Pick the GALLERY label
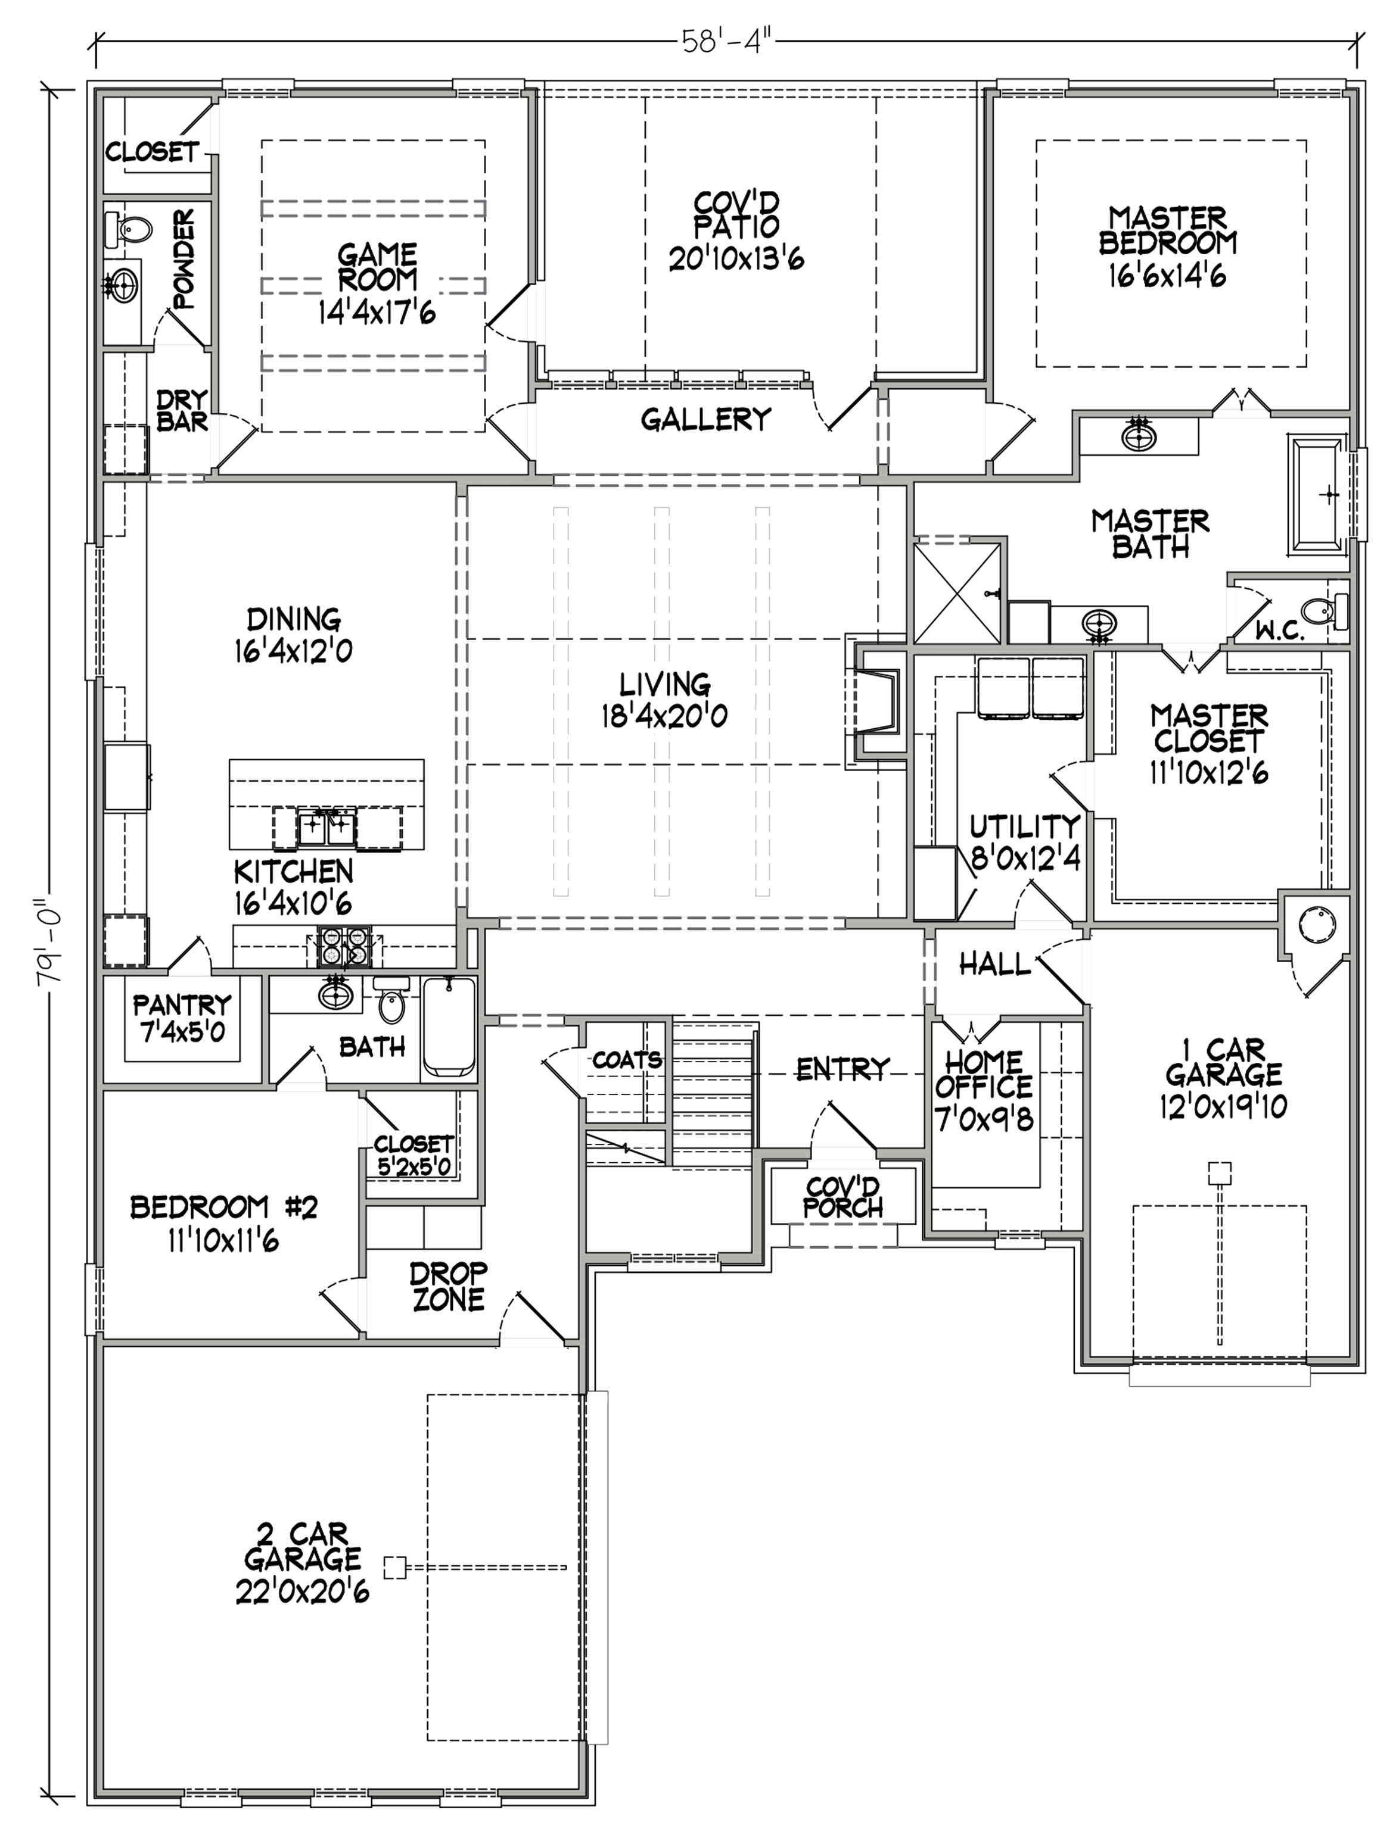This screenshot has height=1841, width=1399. pyautogui.click(x=706, y=419)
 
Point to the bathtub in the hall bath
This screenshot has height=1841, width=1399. pyautogui.click(x=449, y=1028)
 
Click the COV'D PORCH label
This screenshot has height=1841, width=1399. pyautogui.click(x=842, y=1197)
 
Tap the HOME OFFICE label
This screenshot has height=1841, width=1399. pyautogui.click(x=984, y=1075)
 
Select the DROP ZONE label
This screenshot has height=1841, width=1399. pyautogui.click(x=449, y=1286)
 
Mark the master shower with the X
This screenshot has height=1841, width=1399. pyautogui.click(x=957, y=592)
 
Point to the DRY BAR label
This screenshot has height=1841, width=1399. pyautogui.click(x=182, y=410)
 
